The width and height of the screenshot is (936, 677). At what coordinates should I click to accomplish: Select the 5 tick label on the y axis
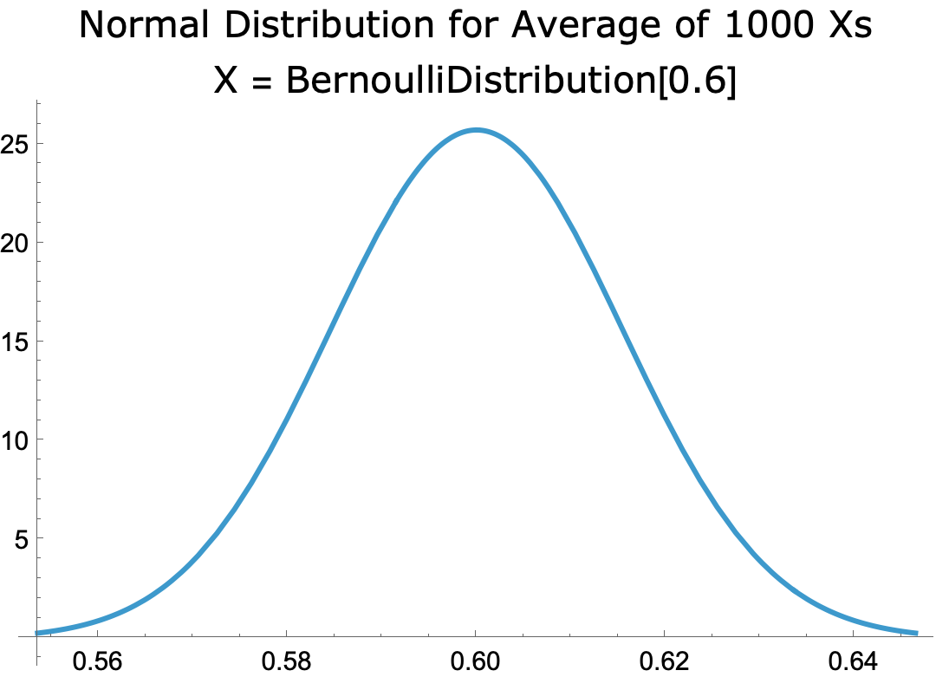[23, 538]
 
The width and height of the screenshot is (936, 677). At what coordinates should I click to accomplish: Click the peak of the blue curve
[476, 130]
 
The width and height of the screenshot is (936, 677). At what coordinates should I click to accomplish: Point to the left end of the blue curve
[36, 633]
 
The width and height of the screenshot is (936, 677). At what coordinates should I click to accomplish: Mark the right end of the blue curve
[916, 633]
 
